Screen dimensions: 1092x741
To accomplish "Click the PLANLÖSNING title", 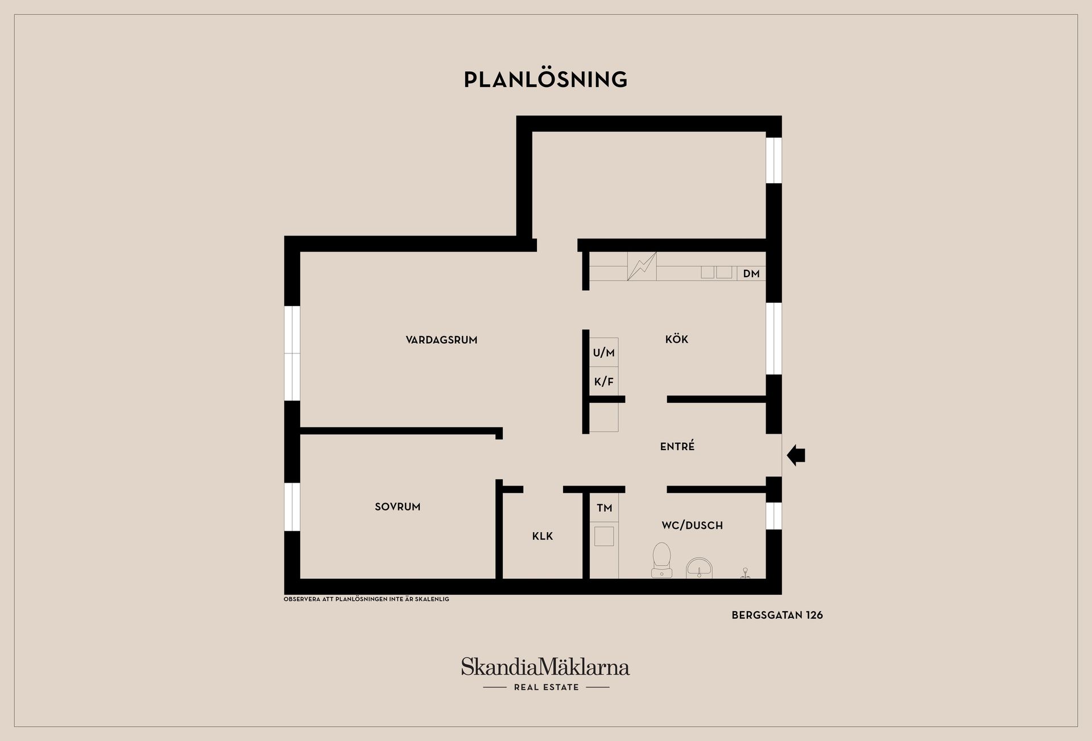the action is [x=545, y=79].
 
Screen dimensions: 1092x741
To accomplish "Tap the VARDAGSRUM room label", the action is [x=441, y=340].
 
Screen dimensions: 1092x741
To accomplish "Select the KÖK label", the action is [x=677, y=339].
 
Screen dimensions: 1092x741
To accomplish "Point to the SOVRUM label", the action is [x=398, y=507].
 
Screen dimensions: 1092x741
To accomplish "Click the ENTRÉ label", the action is [x=677, y=446].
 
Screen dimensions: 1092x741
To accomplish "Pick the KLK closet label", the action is [x=543, y=536].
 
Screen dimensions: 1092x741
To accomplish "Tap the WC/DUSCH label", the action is [x=692, y=525].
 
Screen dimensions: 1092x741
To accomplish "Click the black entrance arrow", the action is [x=796, y=455].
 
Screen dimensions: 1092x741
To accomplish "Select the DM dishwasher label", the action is [x=751, y=274].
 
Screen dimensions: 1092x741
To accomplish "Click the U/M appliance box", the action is [x=603, y=352].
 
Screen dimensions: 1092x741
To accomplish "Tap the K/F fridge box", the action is [x=603, y=381].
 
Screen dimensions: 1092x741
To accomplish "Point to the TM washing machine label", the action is [x=604, y=508].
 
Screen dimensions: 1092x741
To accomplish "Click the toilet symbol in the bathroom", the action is [x=661, y=561].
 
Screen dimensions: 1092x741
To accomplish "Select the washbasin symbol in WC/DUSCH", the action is [x=699, y=568].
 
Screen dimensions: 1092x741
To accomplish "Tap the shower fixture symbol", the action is [x=746, y=573].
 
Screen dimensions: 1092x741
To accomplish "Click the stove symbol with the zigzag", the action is [x=642, y=266].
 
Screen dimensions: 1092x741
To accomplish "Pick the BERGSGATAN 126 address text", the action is [x=777, y=615].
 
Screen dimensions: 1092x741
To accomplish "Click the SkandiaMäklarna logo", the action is [x=545, y=666].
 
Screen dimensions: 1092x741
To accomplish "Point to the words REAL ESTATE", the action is [x=546, y=688].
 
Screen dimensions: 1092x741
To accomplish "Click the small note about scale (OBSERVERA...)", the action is [x=366, y=599].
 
